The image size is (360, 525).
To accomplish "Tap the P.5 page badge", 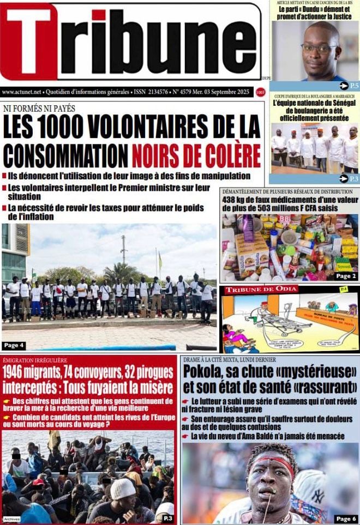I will pyautogui.click(x=349, y=86).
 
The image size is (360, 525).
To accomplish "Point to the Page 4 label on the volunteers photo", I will pyautogui.click(x=14, y=345).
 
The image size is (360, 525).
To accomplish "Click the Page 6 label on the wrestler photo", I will pyautogui.click(x=346, y=518).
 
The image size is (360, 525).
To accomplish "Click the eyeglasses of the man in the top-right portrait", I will pyautogui.click(x=320, y=48).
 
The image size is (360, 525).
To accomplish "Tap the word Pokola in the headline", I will pyautogui.click(x=205, y=372).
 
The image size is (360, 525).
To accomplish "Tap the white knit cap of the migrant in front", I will pyautogui.click(x=123, y=488).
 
